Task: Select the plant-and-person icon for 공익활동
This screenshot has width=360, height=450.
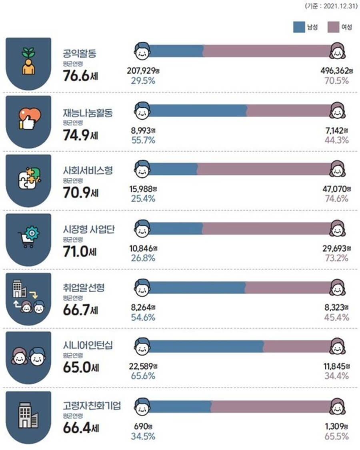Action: tap(28, 62)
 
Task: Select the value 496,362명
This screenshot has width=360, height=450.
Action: tap(336, 71)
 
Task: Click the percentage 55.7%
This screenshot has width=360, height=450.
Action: tap(143, 140)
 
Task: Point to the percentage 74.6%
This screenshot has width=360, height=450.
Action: tap(337, 199)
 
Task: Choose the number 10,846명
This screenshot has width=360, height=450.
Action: tap(142, 249)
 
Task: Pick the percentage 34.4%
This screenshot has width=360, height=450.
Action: tap(337, 376)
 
